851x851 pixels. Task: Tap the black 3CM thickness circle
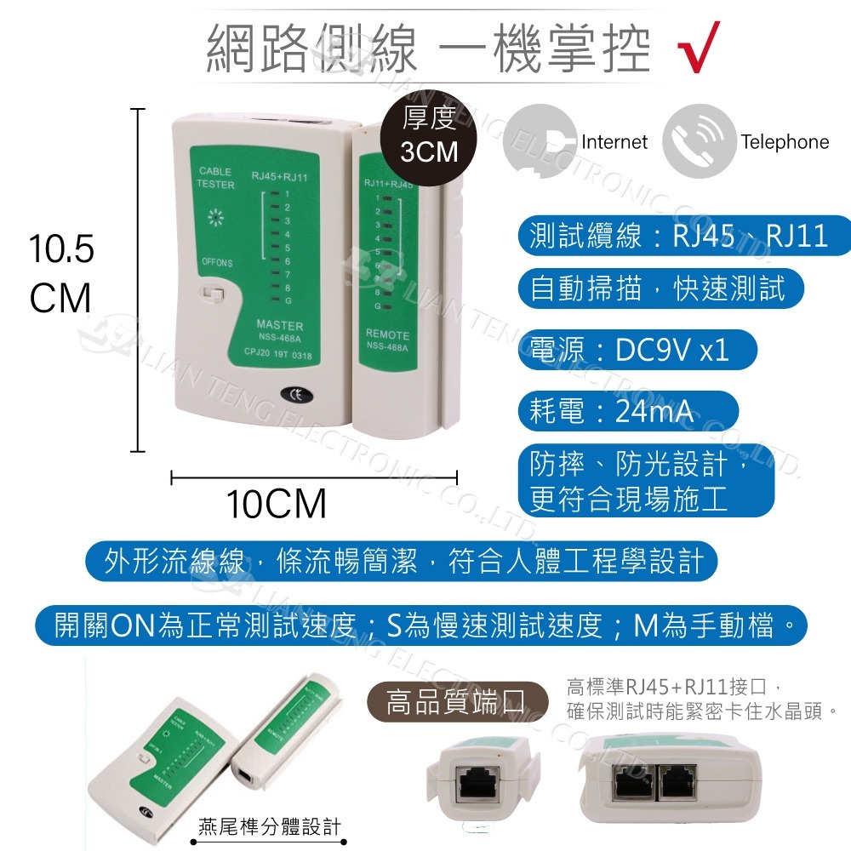(429, 135)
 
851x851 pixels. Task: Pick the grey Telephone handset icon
(699, 140)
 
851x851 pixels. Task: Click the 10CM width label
(276, 505)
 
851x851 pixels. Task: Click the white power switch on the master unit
(211, 294)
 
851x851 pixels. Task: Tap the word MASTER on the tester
(279, 326)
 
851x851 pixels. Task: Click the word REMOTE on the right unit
(387, 334)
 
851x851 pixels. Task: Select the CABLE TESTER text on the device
(214, 178)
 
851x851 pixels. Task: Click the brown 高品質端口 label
(456, 704)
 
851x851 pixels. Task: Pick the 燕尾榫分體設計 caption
(269, 826)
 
